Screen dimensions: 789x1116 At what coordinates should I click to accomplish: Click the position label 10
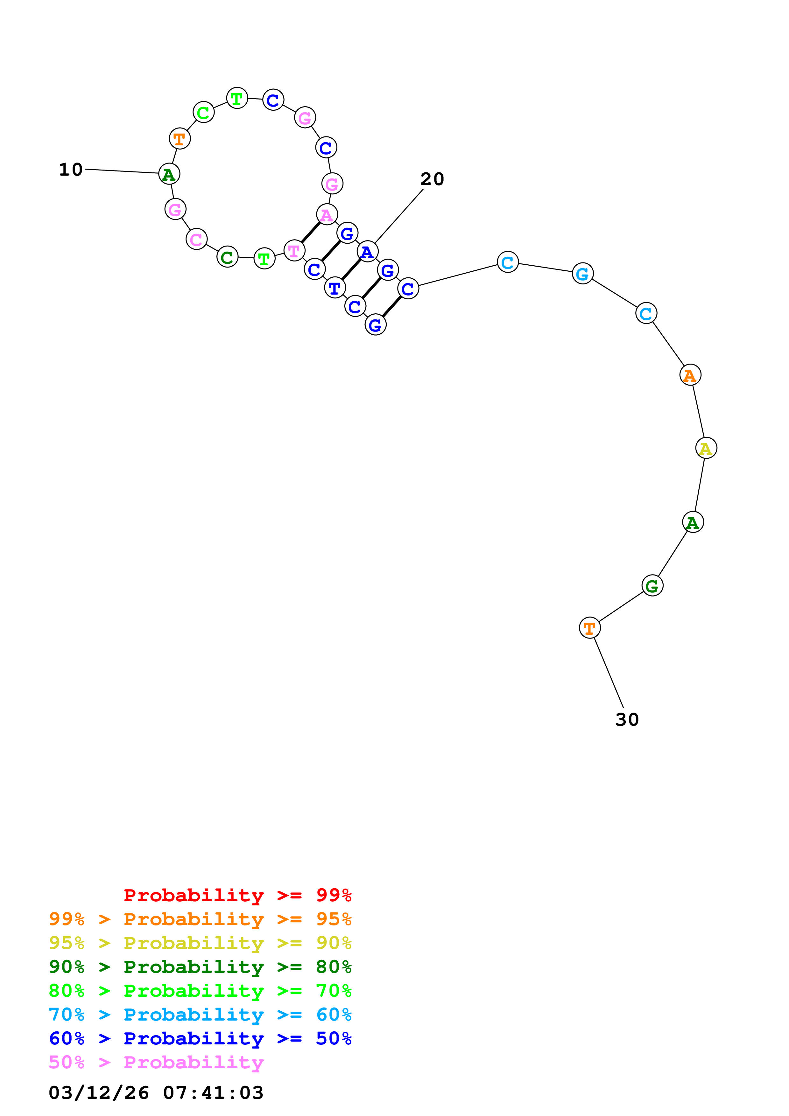[x=71, y=170]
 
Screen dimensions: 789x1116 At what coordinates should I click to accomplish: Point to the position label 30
[x=627, y=719]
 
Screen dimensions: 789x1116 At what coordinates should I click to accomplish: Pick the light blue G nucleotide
[x=582, y=274]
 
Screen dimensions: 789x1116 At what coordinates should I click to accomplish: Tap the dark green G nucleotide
[x=652, y=586]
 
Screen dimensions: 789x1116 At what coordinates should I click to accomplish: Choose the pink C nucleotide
[x=196, y=239]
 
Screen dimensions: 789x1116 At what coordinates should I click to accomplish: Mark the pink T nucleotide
[x=294, y=251]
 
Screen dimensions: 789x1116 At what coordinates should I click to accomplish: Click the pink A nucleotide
[x=327, y=214]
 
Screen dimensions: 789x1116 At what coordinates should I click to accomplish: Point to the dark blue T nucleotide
[x=335, y=288]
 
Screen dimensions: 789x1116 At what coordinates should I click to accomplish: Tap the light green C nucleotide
[x=203, y=113]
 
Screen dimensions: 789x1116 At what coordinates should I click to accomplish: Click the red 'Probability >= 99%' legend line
[x=237, y=895]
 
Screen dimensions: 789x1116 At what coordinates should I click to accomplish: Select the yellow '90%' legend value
[x=334, y=943]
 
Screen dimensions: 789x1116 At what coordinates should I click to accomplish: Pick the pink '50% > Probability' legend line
[x=156, y=1062]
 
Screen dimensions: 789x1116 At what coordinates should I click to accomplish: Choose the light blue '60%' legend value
[x=334, y=1015]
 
